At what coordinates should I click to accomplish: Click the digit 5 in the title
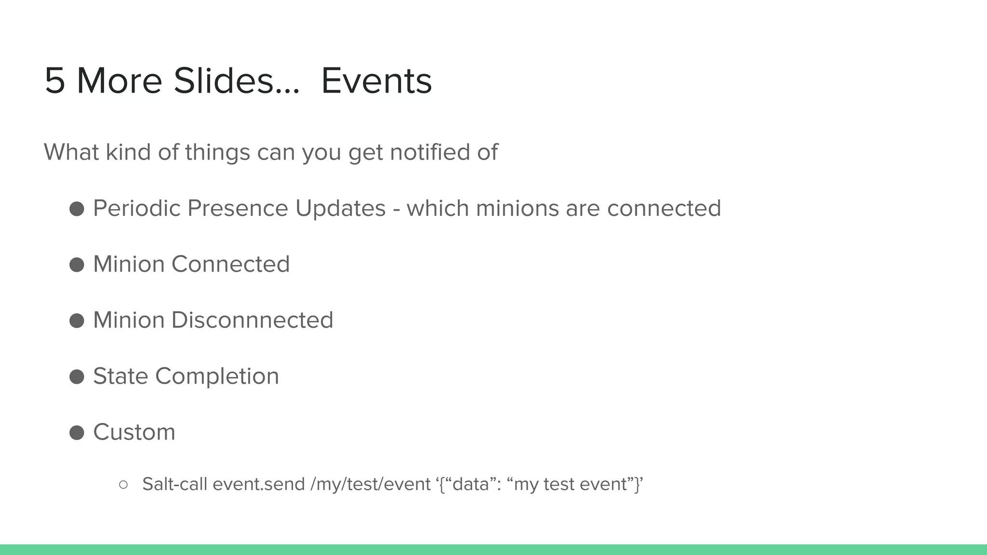click(55, 81)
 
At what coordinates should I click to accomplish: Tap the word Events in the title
click(376, 81)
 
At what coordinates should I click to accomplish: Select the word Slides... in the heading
click(237, 81)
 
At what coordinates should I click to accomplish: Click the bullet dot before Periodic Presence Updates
click(77, 209)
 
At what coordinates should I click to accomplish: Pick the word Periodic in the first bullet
click(136, 209)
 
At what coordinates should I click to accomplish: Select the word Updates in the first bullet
click(340, 209)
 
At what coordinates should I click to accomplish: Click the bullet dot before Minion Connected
click(77, 264)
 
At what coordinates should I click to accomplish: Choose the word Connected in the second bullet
click(230, 264)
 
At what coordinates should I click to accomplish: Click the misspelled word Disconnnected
click(252, 320)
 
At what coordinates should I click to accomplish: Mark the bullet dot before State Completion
click(77, 376)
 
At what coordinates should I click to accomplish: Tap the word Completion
click(217, 376)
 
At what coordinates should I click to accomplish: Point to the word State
click(120, 376)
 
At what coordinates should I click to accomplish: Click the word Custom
click(134, 432)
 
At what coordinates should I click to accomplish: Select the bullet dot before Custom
click(77, 432)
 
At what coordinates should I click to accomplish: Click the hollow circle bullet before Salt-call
click(123, 485)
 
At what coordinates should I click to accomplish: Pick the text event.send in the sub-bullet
click(259, 484)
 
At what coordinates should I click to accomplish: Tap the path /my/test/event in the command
click(371, 484)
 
